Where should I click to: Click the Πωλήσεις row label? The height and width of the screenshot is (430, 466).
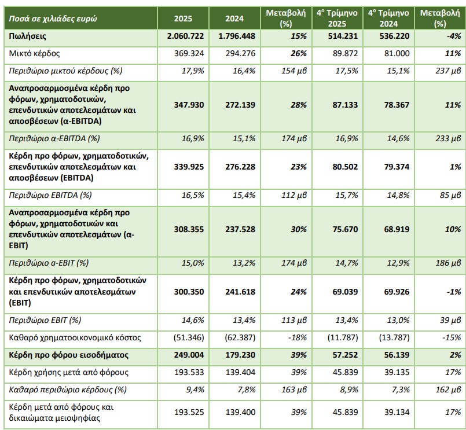pos(28,36)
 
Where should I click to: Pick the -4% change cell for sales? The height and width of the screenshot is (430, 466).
pos(453,36)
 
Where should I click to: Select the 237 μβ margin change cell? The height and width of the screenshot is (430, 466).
pos(447,71)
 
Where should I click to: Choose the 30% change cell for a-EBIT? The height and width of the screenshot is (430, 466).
pos(299,230)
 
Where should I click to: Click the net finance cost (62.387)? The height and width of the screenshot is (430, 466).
pos(239,336)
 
